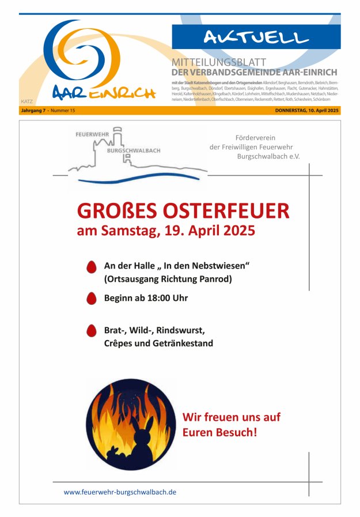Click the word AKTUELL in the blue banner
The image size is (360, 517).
coord(256,37)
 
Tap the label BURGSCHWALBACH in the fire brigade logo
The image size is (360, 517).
coord(134,150)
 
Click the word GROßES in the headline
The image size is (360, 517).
coord(115,211)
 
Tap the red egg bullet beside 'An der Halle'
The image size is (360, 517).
coord(91,267)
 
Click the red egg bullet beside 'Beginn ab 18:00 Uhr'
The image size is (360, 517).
coord(91,298)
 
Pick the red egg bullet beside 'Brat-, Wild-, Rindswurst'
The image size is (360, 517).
coord(91,330)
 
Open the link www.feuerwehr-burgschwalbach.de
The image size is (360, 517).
coord(120,492)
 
